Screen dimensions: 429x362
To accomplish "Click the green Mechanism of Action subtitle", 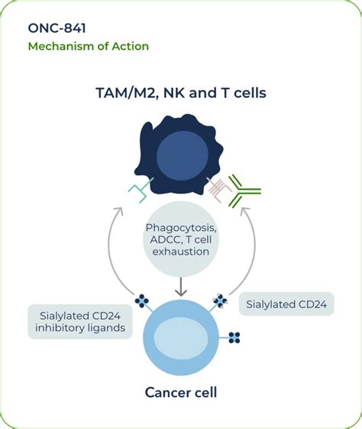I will click(89, 46).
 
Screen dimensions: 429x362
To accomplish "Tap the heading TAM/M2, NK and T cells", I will click(181, 93).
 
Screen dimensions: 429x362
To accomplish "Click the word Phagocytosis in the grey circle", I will click(180, 229).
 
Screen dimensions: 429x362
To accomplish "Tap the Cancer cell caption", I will click(181, 393).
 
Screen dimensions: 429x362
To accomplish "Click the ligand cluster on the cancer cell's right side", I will click(234, 337).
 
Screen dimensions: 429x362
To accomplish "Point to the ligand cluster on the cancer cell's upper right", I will click(221, 301).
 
